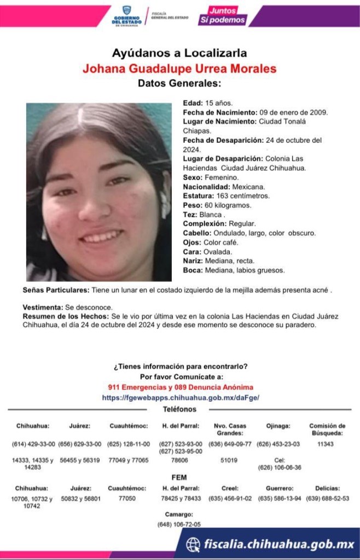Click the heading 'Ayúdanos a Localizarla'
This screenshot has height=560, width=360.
click(179, 53)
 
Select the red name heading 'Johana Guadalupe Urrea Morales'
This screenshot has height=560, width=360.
click(179, 69)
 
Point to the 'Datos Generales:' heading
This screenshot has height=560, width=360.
click(179, 84)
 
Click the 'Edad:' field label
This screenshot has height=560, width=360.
click(193, 102)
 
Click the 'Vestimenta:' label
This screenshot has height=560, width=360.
click(43, 308)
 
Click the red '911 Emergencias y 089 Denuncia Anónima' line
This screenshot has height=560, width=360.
click(181, 387)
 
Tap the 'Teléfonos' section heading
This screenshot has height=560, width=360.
click(179, 409)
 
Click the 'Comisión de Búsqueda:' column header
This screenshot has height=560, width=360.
click(327, 429)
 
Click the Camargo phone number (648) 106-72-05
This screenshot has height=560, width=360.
click(179, 524)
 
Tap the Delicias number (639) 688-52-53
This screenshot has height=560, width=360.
click(327, 498)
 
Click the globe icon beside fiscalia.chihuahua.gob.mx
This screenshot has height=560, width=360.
click(193, 544)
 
